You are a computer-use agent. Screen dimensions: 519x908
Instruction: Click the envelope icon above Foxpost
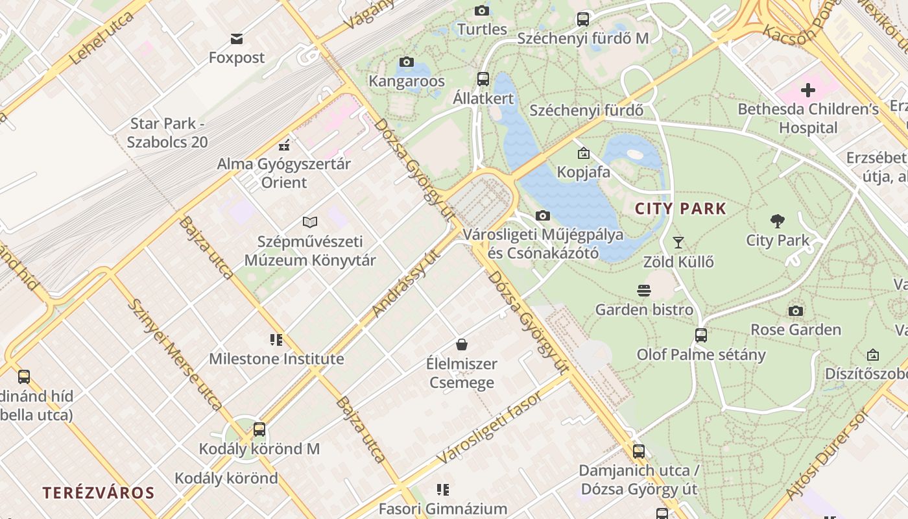(237, 39)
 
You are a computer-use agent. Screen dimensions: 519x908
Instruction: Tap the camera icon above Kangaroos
(407, 62)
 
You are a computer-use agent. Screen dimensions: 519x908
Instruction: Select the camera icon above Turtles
(481, 10)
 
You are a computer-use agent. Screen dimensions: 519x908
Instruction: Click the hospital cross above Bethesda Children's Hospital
(807, 90)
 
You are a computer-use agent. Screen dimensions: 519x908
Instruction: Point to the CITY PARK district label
(680, 209)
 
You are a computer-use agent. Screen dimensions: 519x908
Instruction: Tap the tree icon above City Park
(778, 221)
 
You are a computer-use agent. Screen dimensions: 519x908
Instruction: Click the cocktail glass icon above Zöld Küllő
(678, 243)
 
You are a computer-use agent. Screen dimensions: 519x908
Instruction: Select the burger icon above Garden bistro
(644, 291)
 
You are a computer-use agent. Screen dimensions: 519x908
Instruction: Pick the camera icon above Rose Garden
(796, 311)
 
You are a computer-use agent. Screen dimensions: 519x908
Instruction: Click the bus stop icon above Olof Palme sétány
(701, 335)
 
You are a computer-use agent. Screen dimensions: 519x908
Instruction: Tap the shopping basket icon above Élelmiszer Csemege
(461, 344)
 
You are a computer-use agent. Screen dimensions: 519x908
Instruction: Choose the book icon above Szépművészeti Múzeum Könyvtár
(310, 222)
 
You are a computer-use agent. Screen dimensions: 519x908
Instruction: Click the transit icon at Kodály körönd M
(259, 429)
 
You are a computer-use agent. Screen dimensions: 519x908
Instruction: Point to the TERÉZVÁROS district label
(99, 492)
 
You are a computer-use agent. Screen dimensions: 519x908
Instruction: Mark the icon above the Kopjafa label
(584, 153)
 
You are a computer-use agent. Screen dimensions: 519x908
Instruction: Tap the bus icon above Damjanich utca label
(639, 452)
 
